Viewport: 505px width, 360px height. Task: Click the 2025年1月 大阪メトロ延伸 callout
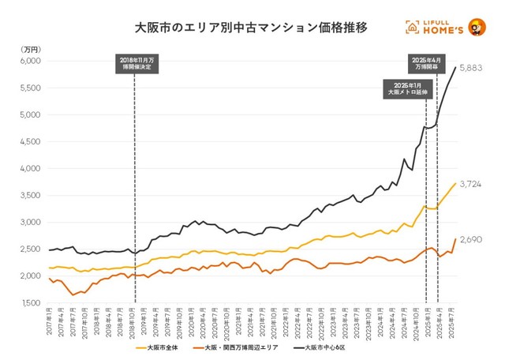pyautogui.click(x=407, y=88)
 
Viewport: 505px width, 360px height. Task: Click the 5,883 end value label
pyautogui.click(x=470, y=69)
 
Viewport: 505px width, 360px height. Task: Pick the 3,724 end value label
pyautogui.click(x=470, y=184)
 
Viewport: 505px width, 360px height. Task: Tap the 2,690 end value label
pyautogui.click(x=470, y=239)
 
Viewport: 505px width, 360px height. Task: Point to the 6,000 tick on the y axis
pyautogui.click(x=29, y=61)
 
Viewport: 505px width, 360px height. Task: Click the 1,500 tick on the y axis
pyautogui.click(x=29, y=303)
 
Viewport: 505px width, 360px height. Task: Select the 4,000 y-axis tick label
pyautogui.click(x=29, y=169)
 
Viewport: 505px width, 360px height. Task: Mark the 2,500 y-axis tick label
pyautogui.click(x=29, y=249)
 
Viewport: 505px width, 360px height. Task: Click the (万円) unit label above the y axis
pyautogui.click(x=28, y=48)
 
